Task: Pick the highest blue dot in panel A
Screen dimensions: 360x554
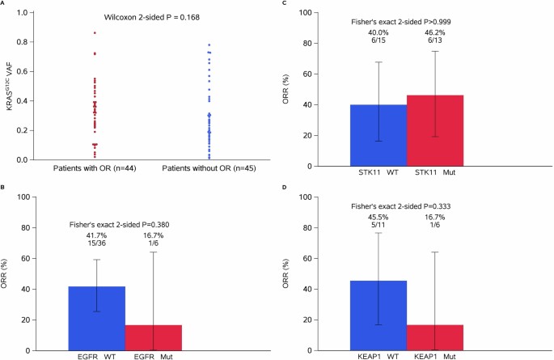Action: [209, 45]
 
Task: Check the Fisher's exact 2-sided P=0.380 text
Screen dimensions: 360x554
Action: [121, 224]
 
